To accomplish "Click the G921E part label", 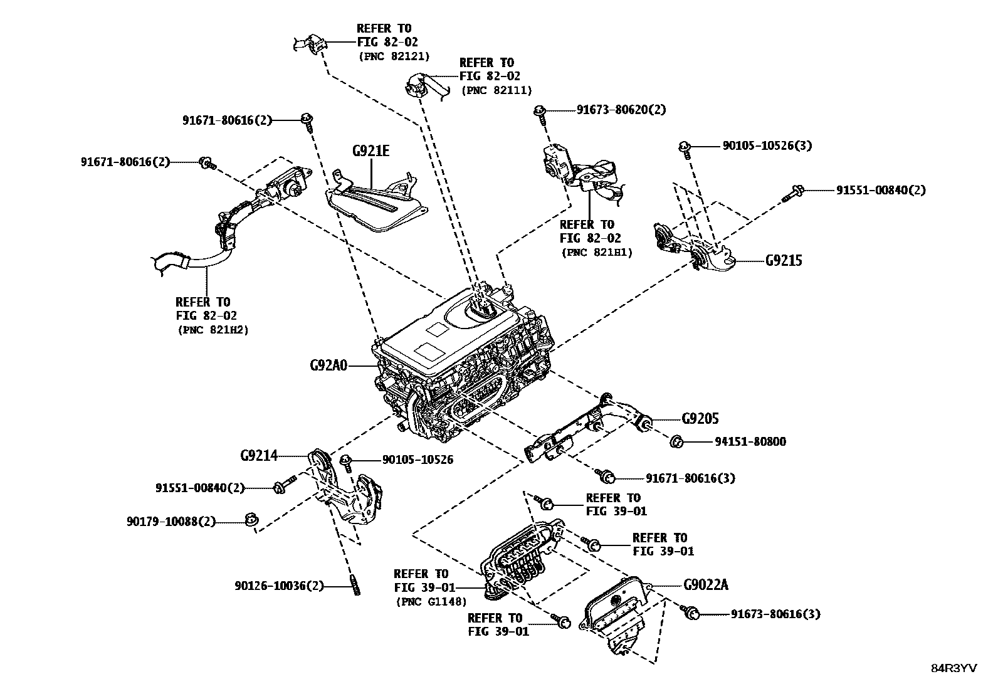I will click(x=370, y=151).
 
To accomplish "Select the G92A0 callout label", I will click(x=328, y=366).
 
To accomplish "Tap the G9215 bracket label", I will click(x=783, y=260).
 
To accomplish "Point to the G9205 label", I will click(x=700, y=418).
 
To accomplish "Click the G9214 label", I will click(x=258, y=456).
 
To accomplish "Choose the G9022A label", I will click(x=706, y=585).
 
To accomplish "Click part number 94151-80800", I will click(x=750, y=442).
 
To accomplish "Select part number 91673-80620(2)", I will click(x=621, y=110).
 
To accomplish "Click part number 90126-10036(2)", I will click(x=280, y=586).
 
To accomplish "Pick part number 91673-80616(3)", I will click(x=775, y=614).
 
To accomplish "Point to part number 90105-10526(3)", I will click(x=767, y=145).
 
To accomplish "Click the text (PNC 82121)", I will click(x=394, y=56).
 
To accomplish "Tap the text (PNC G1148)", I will click(x=431, y=602).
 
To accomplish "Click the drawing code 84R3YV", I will click(x=953, y=668).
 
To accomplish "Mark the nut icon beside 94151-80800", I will click(x=676, y=442).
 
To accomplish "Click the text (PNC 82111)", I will click(x=496, y=90).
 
